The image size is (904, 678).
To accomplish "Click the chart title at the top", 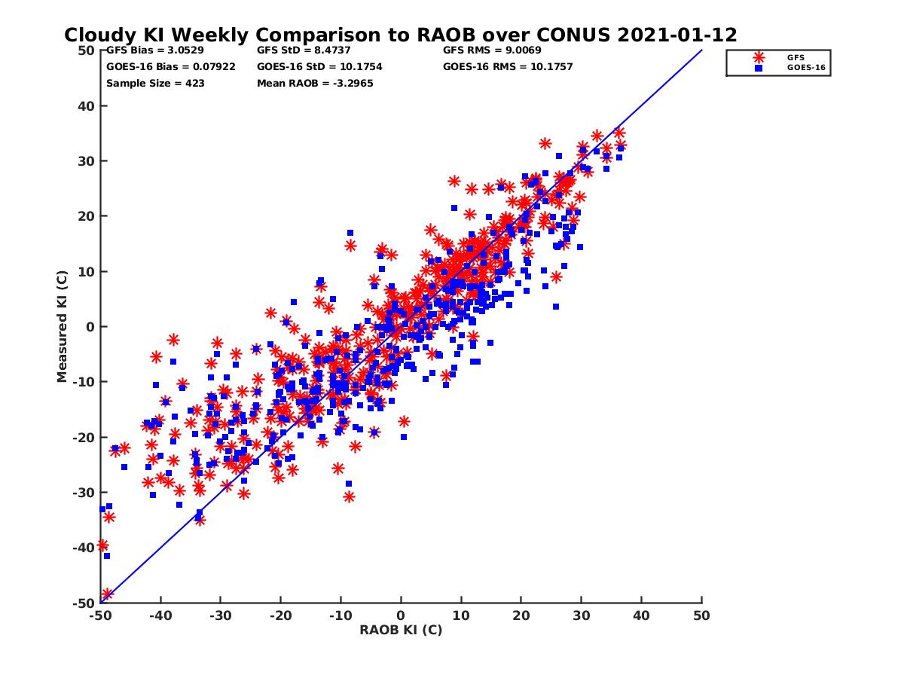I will click(x=401, y=35).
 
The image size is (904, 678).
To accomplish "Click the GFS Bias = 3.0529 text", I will click(x=148, y=50).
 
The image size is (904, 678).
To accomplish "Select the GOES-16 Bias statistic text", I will click(x=160, y=66).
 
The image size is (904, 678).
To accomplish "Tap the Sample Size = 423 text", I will click(x=155, y=83).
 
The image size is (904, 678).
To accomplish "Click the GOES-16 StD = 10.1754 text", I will click(x=319, y=66).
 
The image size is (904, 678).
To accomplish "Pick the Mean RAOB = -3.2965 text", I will click(x=314, y=83).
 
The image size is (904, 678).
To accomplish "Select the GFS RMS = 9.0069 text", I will click(x=492, y=50).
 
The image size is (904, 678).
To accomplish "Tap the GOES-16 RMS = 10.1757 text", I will click(x=508, y=66).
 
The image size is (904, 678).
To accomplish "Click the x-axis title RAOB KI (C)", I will click(x=401, y=630).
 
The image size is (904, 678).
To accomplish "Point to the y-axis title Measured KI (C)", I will click(x=63, y=327).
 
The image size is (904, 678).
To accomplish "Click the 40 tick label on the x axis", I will click(x=642, y=615).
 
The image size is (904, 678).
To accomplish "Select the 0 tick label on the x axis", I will click(x=401, y=615).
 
